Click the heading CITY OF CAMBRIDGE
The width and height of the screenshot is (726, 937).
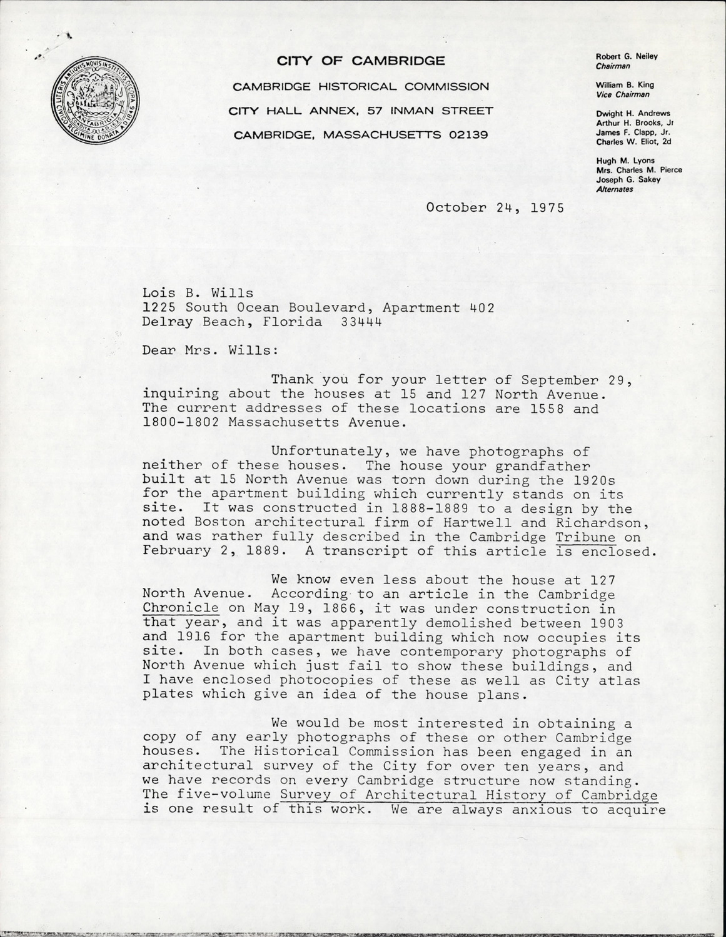(361, 61)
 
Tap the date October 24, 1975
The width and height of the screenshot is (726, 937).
(495, 208)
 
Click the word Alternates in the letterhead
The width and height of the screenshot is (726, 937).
(615, 189)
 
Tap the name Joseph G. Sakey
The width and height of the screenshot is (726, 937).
(625, 180)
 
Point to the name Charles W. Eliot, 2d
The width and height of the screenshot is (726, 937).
(634, 141)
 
